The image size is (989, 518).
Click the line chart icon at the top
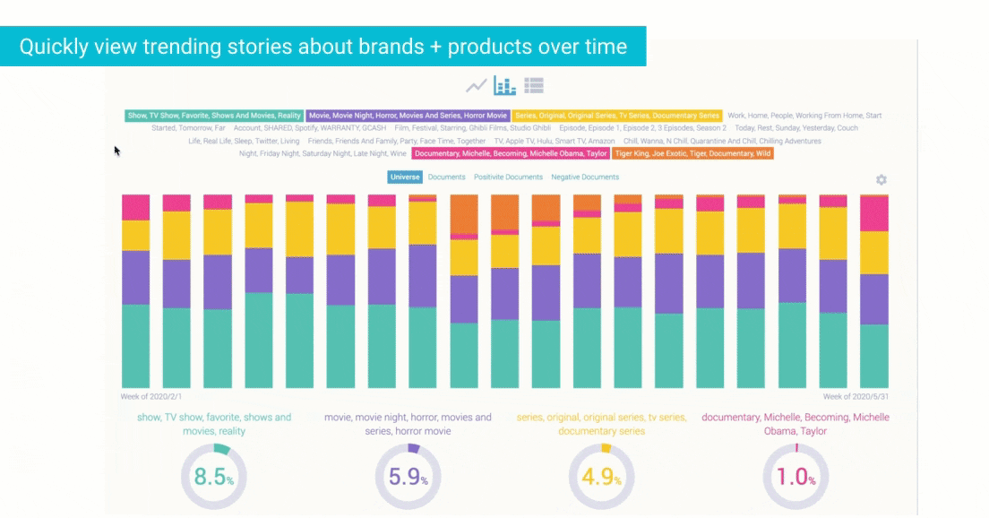(477, 86)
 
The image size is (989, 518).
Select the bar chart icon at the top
(505, 86)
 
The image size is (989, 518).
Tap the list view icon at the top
(534, 86)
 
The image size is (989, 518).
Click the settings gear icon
(881, 180)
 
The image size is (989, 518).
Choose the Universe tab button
(405, 177)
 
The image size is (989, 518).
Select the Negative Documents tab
(585, 177)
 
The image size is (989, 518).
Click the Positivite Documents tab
(508, 177)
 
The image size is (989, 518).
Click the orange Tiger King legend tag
(692, 154)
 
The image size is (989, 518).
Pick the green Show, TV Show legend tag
(214, 116)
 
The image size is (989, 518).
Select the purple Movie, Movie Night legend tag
(408, 116)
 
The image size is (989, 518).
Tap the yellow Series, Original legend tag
(617, 116)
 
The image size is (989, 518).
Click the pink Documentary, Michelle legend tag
(511, 154)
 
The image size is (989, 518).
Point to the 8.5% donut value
(213, 477)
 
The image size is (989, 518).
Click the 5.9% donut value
(407, 477)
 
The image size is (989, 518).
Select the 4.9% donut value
(601, 477)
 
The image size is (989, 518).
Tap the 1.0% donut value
(795, 477)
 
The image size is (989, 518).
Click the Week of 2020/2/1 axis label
(151, 396)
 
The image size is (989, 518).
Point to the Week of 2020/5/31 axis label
(855, 396)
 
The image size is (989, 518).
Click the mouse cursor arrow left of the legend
(116, 151)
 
